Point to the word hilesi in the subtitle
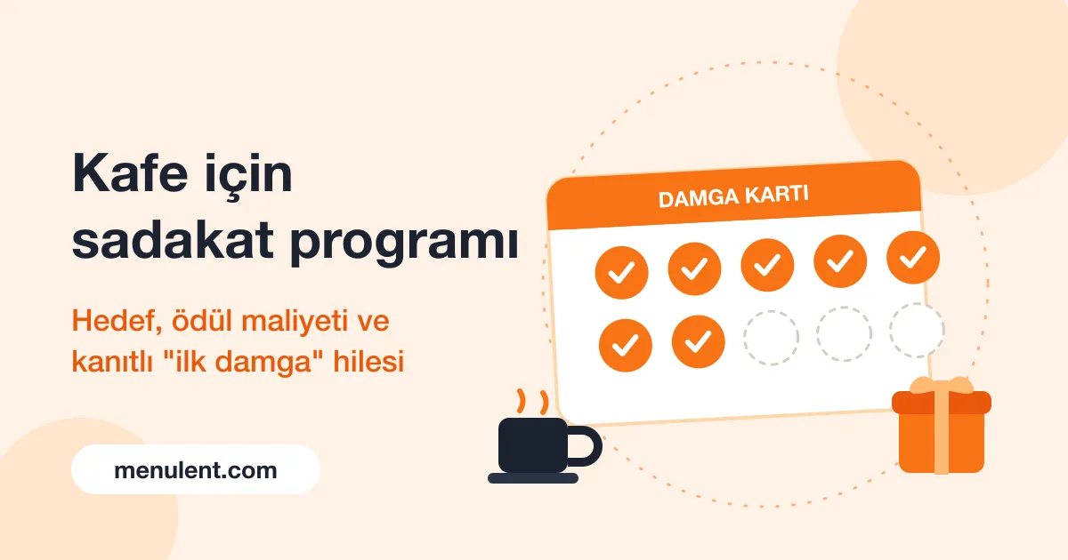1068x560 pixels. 368,362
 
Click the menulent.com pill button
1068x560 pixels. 196,469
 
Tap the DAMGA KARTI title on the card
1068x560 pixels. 733,196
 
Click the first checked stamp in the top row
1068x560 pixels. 621,272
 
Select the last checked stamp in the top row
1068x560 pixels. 913,258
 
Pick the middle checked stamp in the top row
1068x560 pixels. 767,265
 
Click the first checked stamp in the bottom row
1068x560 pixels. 625,345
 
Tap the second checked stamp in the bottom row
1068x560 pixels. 698,341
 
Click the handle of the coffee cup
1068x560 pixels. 597,446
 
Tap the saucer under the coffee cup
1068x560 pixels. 533,478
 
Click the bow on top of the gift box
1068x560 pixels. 942,385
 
